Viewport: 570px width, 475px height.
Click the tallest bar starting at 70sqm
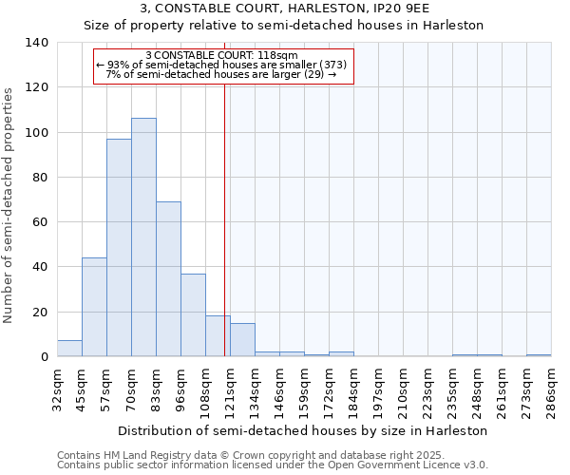(x=143, y=237)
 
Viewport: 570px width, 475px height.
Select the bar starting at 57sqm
(x=119, y=248)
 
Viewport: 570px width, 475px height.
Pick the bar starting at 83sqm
(x=168, y=279)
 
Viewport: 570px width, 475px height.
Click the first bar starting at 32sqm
(x=69, y=349)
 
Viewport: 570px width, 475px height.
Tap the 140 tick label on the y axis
(x=36, y=43)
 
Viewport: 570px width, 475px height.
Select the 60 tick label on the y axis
(x=40, y=222)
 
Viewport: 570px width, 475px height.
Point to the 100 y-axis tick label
(x=36, y=132)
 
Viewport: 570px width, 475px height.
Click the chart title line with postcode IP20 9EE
(x=285, y=9)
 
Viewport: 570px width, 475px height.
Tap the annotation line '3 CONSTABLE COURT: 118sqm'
(x=222, y=55)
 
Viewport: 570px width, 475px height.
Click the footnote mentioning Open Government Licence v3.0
(x=273, y=465)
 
